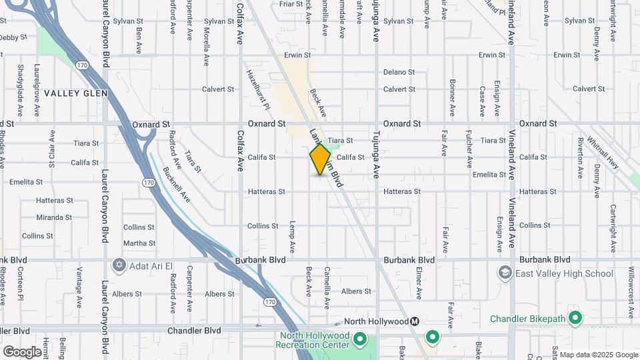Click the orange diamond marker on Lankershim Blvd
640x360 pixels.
[320, 159]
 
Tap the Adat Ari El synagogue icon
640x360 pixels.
[119, 265]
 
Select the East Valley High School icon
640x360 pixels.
[505, 273]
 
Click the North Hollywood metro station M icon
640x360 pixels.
[414, 321]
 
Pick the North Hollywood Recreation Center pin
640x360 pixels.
[360, 340]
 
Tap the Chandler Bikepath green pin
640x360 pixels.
[575, 318]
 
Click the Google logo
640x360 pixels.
[22, 352]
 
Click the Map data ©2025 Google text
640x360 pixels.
[599, 355]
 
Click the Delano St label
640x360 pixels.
[399, 72]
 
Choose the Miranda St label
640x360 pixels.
[54, 217]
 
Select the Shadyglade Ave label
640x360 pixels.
[21, 87]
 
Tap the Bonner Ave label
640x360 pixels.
[452, 98]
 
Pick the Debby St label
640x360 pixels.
[9, 37]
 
